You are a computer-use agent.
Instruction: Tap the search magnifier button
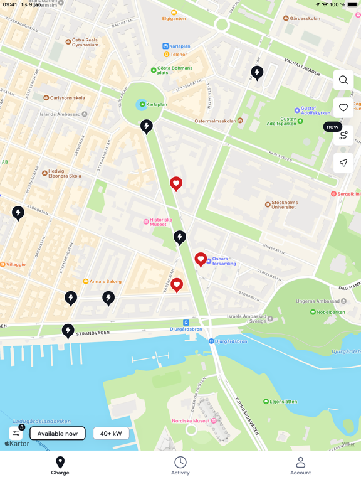pos(343,80)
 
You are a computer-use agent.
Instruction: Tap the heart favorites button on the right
pos(343,107)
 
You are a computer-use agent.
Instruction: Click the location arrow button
pos(343,163)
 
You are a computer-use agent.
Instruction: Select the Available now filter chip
pos(58,433)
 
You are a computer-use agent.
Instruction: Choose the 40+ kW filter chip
pos(112,433)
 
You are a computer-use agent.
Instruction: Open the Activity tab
pos(180,466)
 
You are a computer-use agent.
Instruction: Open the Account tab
pos(300,466)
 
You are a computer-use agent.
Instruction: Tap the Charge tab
pos(60,466)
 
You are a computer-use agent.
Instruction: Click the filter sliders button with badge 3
pos(16,433)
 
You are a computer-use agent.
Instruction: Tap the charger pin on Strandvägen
pos(68,330)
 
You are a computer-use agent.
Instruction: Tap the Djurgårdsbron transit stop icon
pos(186,323)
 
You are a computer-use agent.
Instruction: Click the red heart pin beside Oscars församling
pos(201,259)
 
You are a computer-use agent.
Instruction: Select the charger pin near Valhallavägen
pos(257,73)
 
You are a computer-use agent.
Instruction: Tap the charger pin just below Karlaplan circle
pos(147,126)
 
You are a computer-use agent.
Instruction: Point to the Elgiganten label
pos(174,18)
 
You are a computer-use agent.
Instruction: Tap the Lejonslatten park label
pos(283,402)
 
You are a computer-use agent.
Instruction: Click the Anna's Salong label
pos(105,281)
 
